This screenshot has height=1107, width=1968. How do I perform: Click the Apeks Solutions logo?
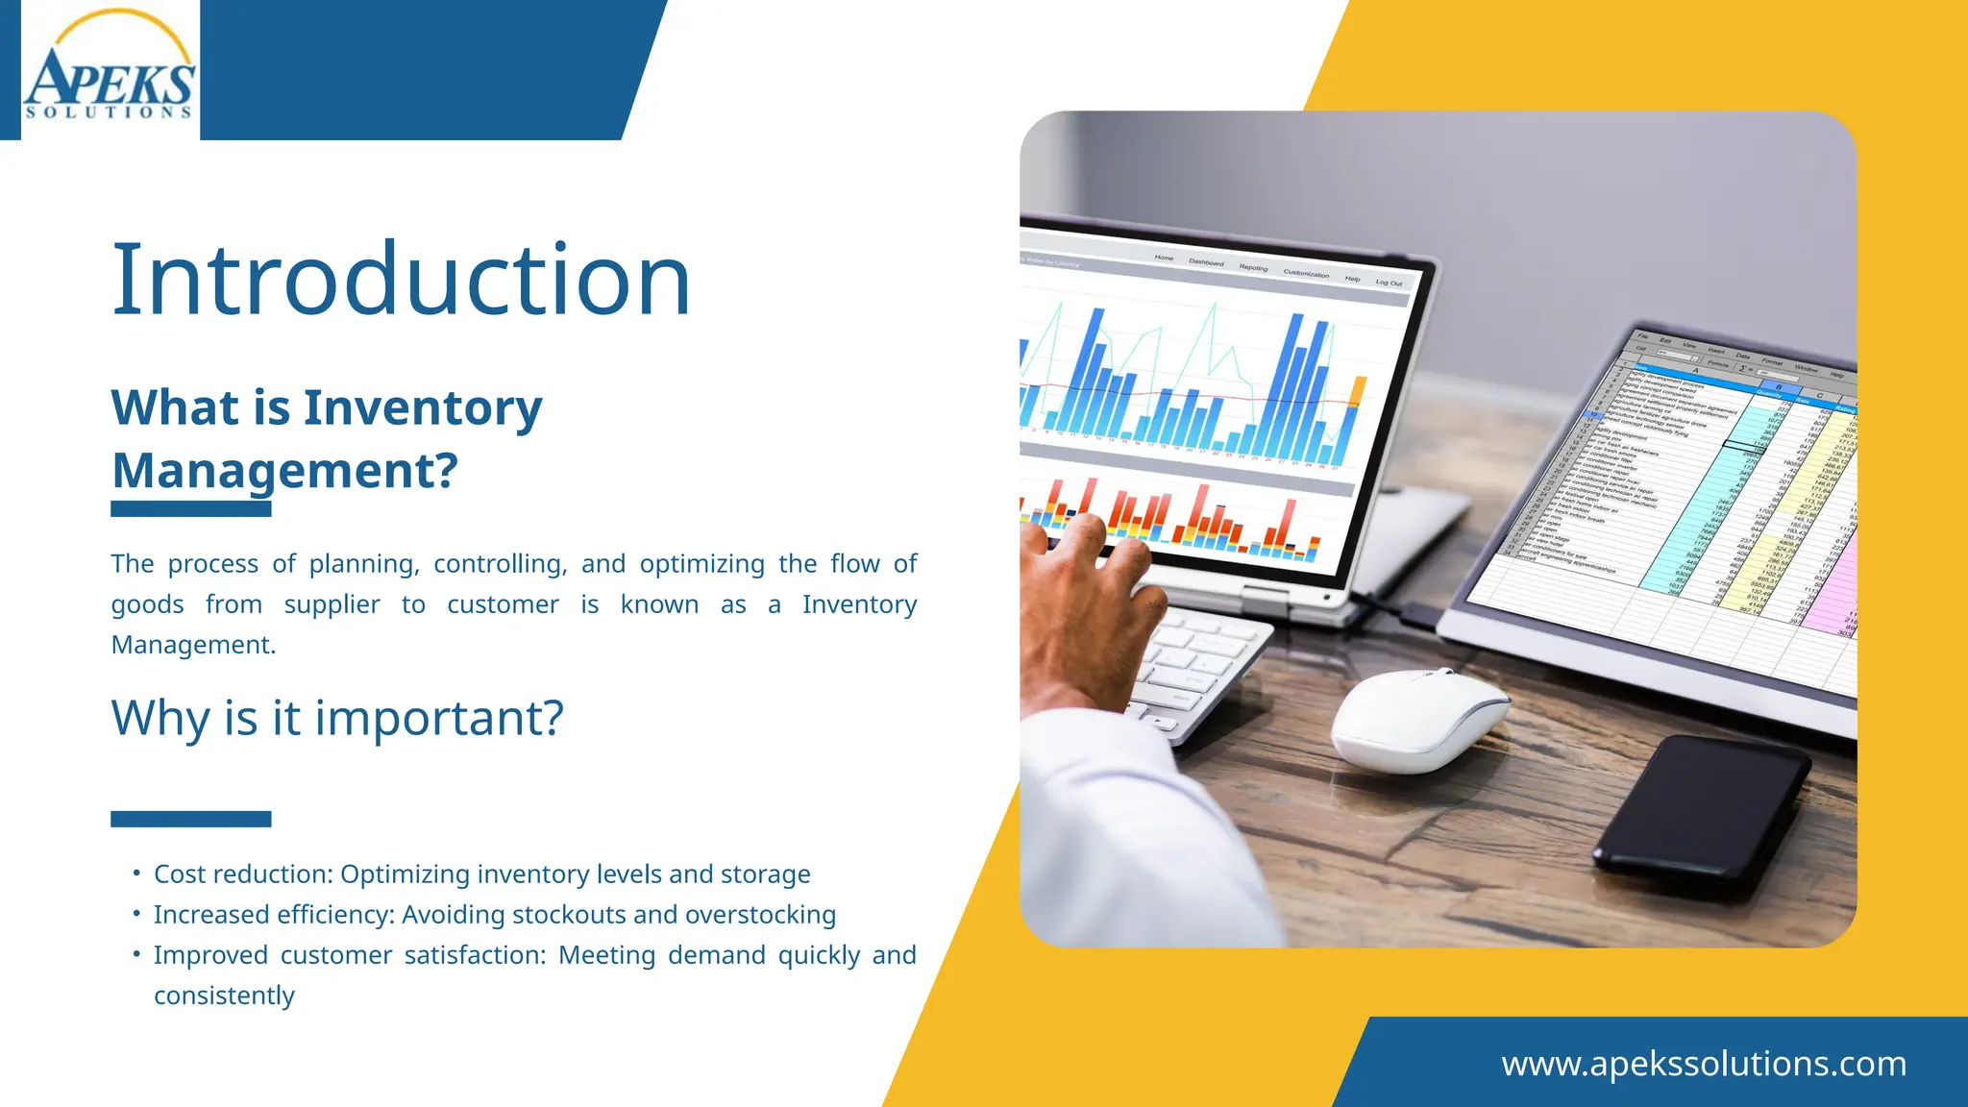[109, 72]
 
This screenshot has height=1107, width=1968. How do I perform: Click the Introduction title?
[401, 280]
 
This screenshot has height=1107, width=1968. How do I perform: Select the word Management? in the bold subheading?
[284, 471]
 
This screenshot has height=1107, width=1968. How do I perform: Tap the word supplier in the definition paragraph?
[332, 604]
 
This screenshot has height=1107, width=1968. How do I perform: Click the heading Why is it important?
[336, 718]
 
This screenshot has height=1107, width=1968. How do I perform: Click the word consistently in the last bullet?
[224, 996]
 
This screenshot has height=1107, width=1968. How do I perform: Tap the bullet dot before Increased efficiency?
[136, 913]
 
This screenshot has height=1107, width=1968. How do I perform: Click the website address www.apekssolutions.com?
[1704, 1064]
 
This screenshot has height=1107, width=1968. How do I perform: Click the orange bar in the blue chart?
[1358, 392]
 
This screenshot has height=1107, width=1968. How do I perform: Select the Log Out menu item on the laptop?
[1389, 283]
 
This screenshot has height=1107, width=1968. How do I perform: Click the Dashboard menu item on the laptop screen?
[1206, 262]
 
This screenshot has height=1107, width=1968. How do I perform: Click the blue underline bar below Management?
[190, 509]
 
